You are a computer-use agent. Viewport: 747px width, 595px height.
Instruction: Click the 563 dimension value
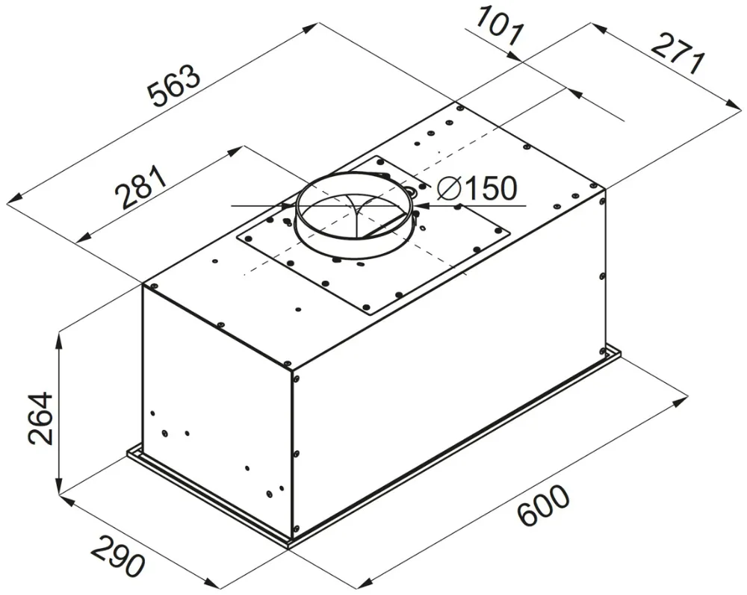coord(174,87)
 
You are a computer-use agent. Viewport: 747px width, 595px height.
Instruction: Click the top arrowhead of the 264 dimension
coord(59,338)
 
